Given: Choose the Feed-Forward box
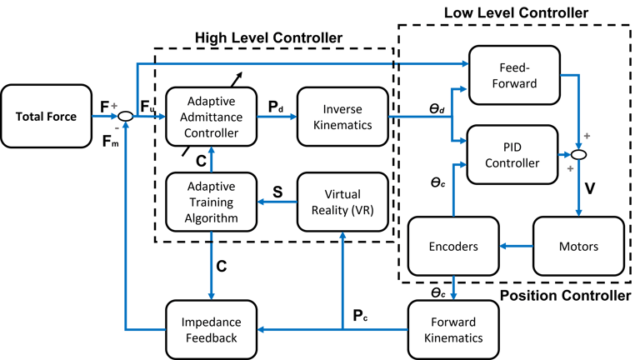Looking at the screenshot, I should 512,75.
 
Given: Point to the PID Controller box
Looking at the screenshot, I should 512,154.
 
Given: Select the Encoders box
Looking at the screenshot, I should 452,247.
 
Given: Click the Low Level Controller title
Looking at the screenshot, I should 517,13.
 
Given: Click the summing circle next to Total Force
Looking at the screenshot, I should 125,117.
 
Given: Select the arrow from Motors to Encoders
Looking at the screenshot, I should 514,247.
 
